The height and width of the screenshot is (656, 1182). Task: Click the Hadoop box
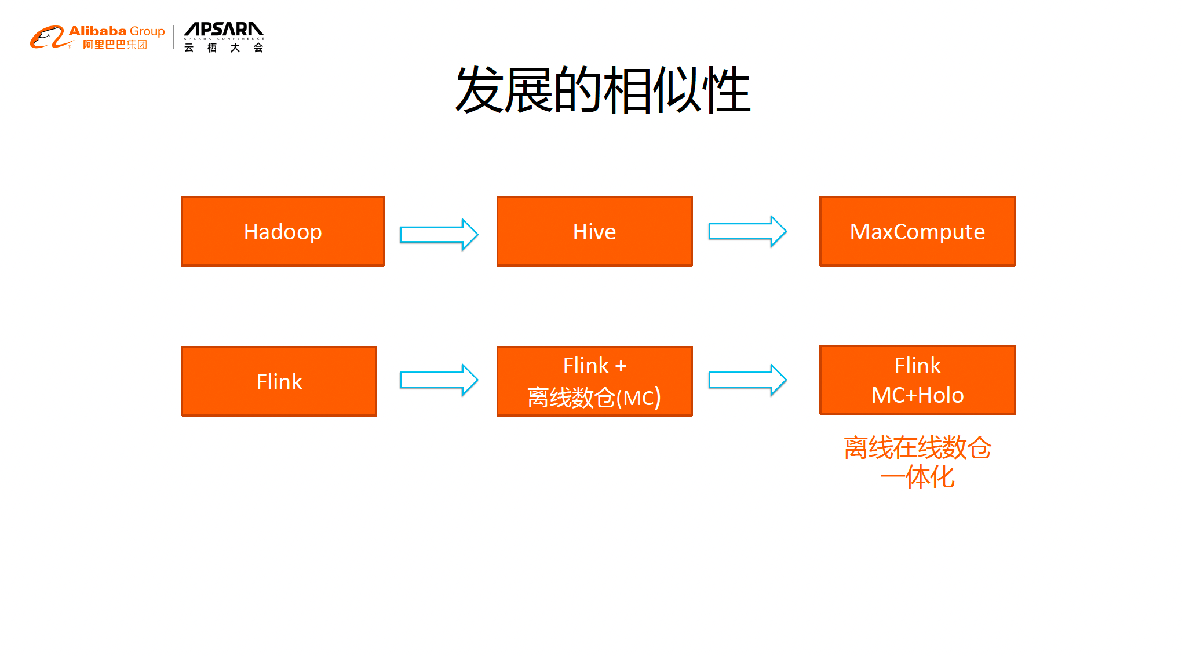pos(283,231)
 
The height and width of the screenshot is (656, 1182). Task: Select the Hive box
pos(594,231)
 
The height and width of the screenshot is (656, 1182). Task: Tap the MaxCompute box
pos(917,231)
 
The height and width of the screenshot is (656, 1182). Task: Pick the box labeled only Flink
pos(279,381)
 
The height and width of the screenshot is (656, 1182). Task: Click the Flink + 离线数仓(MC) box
pos(594,381)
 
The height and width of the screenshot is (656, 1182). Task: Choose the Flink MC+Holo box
pos(917,380)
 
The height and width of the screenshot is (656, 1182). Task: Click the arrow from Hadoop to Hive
pos(439,235)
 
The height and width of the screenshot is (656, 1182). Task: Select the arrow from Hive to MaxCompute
pos(747,231)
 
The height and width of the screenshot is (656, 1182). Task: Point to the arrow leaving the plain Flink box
pos(439,380)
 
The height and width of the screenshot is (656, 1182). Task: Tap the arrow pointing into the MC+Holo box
pos(747,380)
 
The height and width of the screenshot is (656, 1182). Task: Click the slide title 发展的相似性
pos(603,90)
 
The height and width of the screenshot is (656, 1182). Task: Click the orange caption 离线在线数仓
pos(917,448)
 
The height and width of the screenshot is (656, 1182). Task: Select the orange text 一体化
pos(917,478)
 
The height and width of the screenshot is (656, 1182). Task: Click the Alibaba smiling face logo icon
pos(47,38)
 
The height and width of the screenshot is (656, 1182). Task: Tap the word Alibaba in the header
pos(97,31)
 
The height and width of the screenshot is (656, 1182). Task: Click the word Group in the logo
pos(147,31)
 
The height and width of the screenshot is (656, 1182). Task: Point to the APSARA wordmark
pos(224,29)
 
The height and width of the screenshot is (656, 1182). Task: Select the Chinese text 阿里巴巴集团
pos(115,45)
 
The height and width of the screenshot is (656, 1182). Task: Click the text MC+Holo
pos(917,395)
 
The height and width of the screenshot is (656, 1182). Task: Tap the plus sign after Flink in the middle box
pos(621,366)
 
